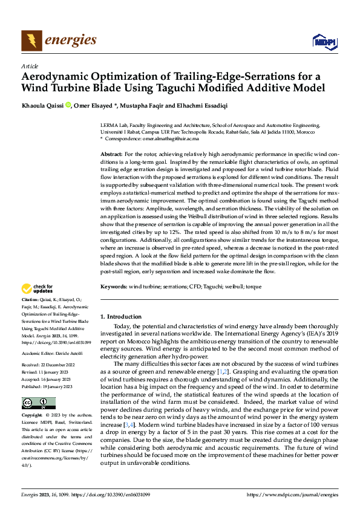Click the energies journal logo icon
click(31, 41)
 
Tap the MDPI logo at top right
click(324, 41)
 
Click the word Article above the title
click(30, 66)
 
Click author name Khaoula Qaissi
click(42, 105)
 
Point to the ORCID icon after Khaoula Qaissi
click(68, 105)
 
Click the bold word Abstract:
click(111, 155)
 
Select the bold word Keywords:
click(114, 285)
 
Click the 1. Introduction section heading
click(121, 317)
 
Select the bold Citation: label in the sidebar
click(30, 300)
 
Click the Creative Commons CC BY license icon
click(38, 403)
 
